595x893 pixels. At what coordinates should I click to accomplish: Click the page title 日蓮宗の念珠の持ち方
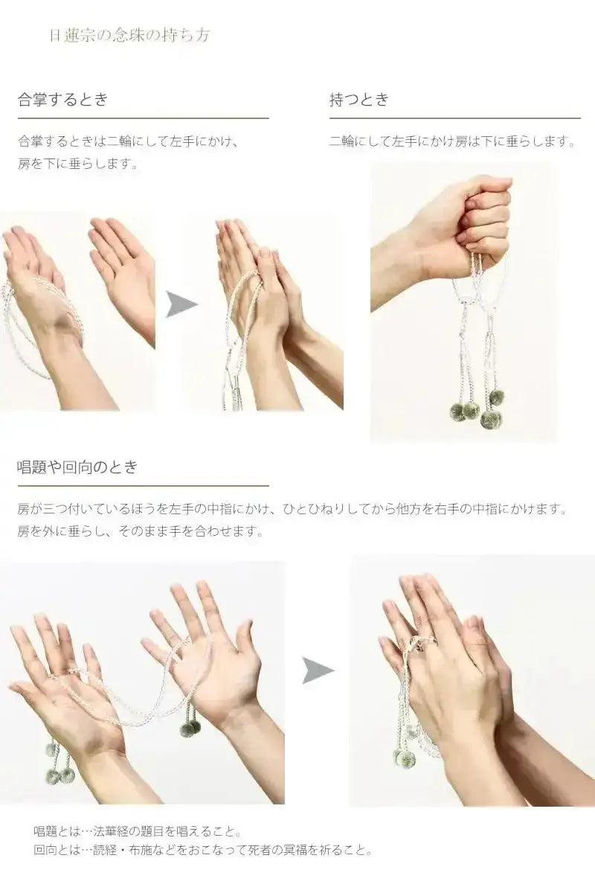coord(129,36)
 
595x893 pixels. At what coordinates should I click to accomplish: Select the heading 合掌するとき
coord(63,100)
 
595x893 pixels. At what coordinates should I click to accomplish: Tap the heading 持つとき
coord(359,100)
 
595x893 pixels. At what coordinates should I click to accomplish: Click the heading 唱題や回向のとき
coord(77,467)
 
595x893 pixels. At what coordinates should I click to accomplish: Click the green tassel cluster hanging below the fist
coord(476,409)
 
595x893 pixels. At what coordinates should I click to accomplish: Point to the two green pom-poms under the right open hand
coord(190,727)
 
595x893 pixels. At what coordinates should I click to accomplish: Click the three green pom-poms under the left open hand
coord(58,763)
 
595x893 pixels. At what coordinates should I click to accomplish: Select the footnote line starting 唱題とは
coord(138,831)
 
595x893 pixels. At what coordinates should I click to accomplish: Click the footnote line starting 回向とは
coord(202,850)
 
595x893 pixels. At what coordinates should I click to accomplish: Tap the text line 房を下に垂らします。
coord(78,163)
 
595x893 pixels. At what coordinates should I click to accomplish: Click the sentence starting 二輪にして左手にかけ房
coord(452,141)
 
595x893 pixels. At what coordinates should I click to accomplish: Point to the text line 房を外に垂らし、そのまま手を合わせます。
coord(140,531)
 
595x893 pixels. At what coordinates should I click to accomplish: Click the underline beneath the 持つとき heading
coord(454,118)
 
